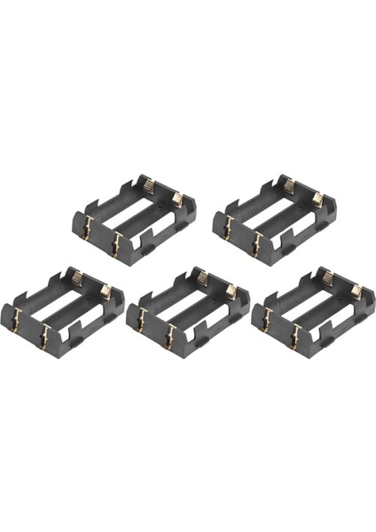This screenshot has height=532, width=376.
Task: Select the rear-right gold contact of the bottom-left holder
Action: click(x=106, y=292)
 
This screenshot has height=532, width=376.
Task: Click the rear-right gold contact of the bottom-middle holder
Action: click(x=231, y=292)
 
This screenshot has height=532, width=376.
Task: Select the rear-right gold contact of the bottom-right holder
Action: click(x=356, y=292)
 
